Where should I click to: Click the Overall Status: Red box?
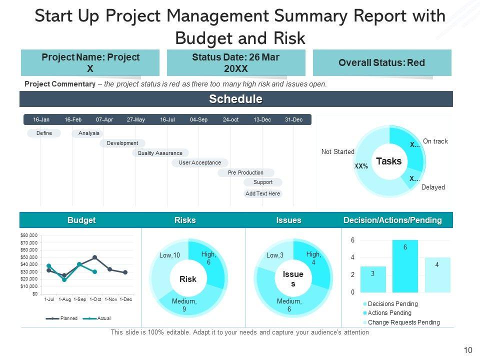click(381, 63)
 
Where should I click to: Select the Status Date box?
click(235, 63)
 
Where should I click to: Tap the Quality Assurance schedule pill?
click(160, 153)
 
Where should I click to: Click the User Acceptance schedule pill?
click(199, 162)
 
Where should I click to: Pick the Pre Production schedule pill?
click(245, 172)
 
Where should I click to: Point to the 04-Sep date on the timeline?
click(198, 120)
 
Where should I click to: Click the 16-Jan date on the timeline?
click(41, 120)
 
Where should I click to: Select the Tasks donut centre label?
click(388, 161)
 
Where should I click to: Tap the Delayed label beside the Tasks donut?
click(432, 187)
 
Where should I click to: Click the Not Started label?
click(337, 152)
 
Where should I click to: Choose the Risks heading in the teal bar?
click(185, 220)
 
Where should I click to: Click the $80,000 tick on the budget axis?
click(29, 235)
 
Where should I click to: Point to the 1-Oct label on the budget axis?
click(95, 299)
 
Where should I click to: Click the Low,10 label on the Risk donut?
click(169, 256)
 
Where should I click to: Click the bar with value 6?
click(405, 266)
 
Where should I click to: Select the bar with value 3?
click(373, 279)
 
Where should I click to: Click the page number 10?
click(468, 350)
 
